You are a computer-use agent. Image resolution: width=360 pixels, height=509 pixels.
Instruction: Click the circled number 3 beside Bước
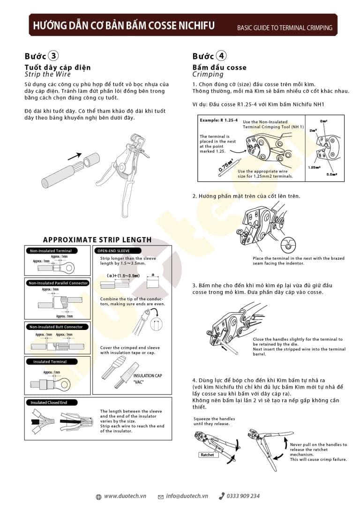[x=54, y=56]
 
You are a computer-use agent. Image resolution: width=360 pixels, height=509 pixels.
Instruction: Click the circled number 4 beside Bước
[x=222, y=56]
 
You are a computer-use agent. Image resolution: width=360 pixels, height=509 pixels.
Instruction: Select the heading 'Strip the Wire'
[x=48, y=74]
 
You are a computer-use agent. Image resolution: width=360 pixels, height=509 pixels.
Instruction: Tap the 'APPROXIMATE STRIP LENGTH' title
[x=97, y=240]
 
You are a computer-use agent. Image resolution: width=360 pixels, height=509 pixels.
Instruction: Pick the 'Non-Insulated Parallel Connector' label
[x=58, y=283]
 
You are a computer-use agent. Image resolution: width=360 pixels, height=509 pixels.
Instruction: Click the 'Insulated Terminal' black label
[x=50, y=361]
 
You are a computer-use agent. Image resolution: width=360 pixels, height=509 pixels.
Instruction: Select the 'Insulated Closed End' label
[x=49, y=402]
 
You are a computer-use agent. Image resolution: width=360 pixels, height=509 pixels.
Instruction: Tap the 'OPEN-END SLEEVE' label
[x=113, y=251]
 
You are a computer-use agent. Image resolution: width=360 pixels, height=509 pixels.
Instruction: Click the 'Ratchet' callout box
[x=207, y=455]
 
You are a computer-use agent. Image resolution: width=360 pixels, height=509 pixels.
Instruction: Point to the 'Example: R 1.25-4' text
[x=219, y=120]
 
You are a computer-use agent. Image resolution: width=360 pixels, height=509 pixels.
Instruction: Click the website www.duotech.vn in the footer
[x=125, y=496]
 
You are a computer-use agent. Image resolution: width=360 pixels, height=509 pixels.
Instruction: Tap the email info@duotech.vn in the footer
[x=187, y=496]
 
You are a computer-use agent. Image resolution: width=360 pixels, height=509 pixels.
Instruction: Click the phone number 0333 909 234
[x=243, y=496]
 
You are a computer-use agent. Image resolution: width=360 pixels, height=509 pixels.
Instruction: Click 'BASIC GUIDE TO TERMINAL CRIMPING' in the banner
[x=284, y=28]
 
